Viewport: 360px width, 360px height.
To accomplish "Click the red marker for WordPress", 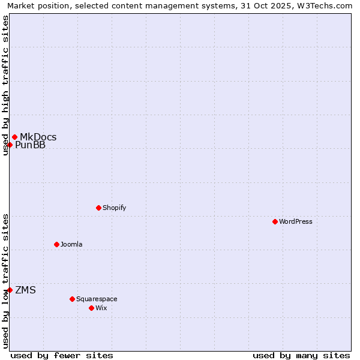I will pyautogui.click(x=275, y=221).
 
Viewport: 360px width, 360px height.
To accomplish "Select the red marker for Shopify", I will pyautogui.click(x=98, y=208).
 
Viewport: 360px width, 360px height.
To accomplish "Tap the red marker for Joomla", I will pyautogui.click(x=56, y=244).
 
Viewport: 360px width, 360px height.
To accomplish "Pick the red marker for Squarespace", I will pyautogui.click(x=72, y=299).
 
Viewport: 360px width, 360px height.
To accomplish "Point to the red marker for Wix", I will pyautogui.click(x=91, y=308).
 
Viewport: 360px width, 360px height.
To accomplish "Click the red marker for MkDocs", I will pyautogui.click(x=14, y=137).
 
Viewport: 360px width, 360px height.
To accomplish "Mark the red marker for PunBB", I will pyautogui.click(x=10, y=145).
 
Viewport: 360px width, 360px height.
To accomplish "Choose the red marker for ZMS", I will pyautogui.click(x=10, y=290).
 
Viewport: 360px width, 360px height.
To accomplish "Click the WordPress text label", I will pyautogui.click(x=296, y=221).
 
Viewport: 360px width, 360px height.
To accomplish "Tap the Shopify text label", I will pyautogui.click(x=114, y=208).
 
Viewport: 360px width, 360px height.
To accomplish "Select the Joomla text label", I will pyautogui.click(x=71, y=244).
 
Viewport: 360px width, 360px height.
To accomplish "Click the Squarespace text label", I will pyautogui.click(x=97, y=299).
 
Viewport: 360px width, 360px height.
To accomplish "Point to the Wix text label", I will pyautogui.click(x=101, y=308).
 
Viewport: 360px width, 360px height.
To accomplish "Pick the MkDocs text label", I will pyautogui.click(x=38, y=137).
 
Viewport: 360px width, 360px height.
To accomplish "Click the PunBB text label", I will pyautogui.click(x=30, y=145).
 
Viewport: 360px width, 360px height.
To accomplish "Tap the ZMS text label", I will pyautogui.click(x=25, y=290).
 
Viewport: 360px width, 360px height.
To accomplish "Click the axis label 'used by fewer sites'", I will pyautogui.click(x=62, y=355).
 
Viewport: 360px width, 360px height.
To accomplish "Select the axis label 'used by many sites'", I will pyautogui.click(x=301, y=355).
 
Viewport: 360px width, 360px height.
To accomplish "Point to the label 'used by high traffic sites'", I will pyautogui.click(x=5, y=85).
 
